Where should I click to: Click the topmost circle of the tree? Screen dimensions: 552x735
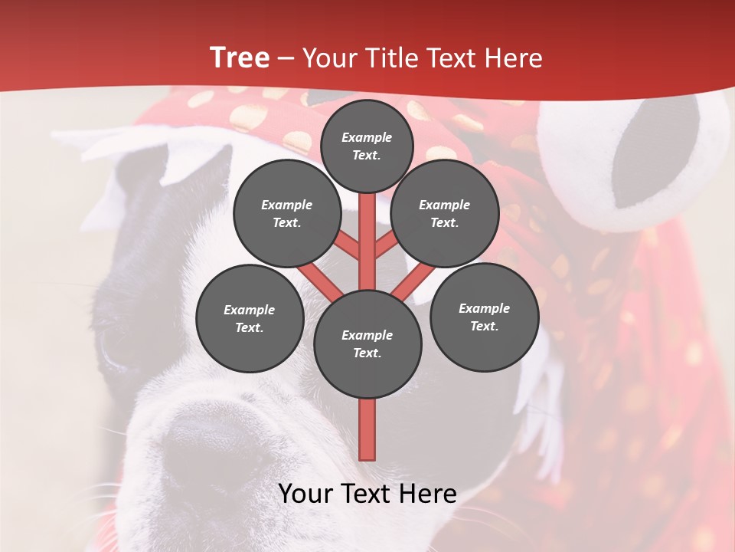click(367, 146)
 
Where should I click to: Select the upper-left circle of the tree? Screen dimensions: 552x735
click(286, 214)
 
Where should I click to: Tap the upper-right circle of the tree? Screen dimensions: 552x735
click(444, 214)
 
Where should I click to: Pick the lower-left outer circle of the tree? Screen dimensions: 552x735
click(250, 318)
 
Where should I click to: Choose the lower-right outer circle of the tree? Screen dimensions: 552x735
click(484, 317)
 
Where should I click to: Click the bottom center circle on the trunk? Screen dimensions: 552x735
click(367, 344)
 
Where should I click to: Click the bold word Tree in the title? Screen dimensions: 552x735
click(240, 58)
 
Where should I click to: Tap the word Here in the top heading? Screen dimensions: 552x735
click(513, 58)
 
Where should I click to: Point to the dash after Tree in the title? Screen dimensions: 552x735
click(286, 59)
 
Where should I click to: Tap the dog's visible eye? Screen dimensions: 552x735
click(115, 345)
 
